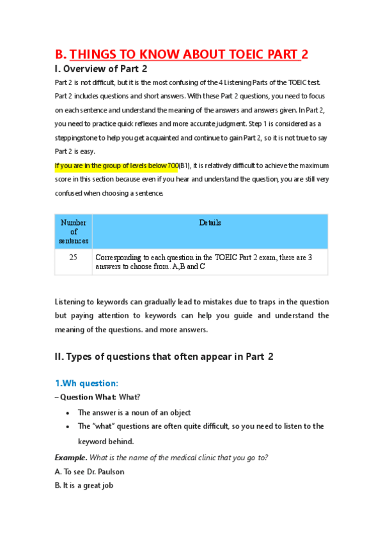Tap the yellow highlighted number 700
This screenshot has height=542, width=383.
(172, 166)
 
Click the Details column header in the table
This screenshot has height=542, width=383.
(210, 223)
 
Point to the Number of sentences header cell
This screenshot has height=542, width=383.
(74, 231)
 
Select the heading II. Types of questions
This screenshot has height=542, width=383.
(164, 357)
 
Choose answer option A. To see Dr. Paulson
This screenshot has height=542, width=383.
(90, 472)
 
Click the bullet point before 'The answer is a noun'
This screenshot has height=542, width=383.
(68, 413)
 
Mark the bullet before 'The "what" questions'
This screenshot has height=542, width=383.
(68, 426)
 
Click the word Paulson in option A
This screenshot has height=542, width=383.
(111, 472)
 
